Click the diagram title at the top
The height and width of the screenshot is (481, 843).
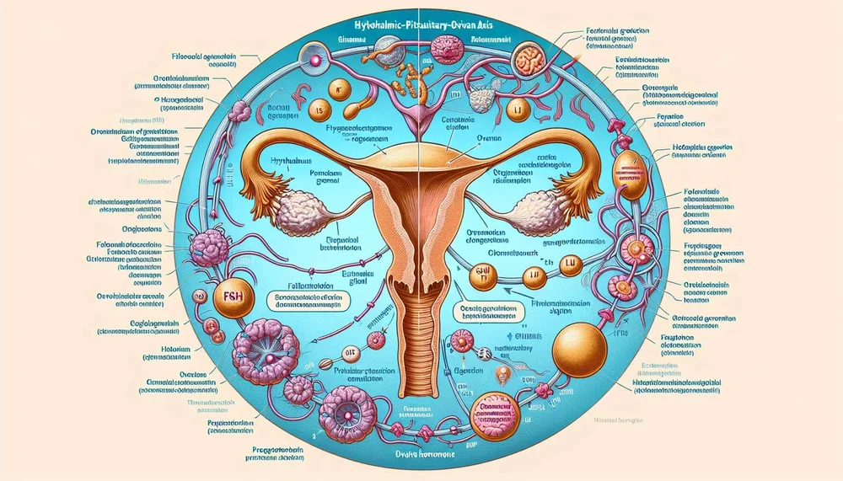click(x=420, y=26)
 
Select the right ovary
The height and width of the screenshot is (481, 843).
click(x=550, y=207)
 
